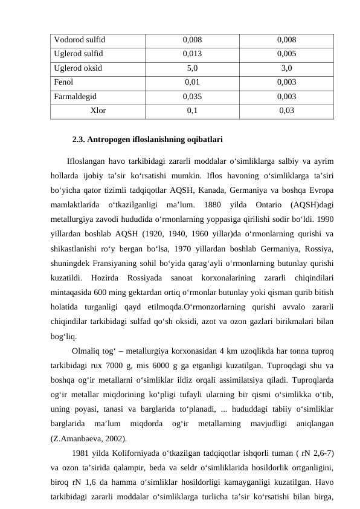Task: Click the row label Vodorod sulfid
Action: point(79,40)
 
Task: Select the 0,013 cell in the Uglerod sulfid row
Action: point(192,53)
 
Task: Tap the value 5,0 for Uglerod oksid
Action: point(192,67)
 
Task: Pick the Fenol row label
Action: point(63,81)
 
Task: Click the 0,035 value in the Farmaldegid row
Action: point(192,95)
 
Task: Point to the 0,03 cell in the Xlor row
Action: point(287,110)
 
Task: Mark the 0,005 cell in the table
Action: point(287,53)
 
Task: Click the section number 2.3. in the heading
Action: point(79,140)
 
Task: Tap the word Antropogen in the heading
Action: point(110,140)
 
